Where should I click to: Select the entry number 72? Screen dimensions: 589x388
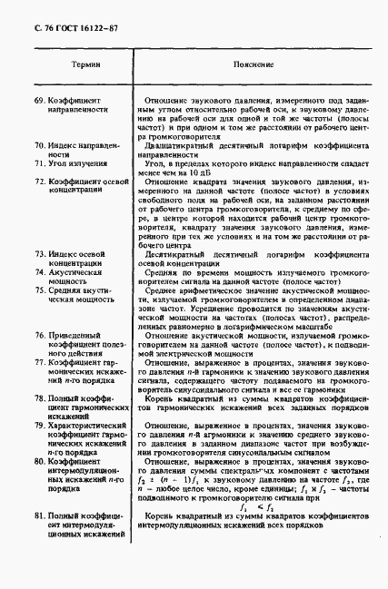pos(38,182)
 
